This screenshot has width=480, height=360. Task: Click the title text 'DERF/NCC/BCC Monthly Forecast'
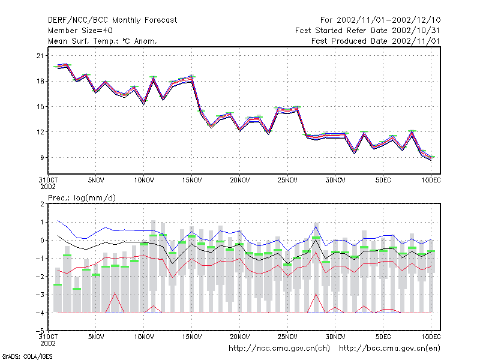click(112, 20)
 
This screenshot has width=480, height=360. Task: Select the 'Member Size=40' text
click(80, 31)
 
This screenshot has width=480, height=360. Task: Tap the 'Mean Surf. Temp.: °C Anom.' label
click(103, 41)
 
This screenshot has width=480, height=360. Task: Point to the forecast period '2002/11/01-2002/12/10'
click(388, 20)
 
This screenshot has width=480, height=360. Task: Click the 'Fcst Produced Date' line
click(376, 41)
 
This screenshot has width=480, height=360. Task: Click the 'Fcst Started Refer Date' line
click(368, 31)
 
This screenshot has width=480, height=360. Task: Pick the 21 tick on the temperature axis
click(40, 56)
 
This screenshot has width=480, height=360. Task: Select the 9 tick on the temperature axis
click(42, 157)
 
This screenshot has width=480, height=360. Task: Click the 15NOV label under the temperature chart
click(192, 180)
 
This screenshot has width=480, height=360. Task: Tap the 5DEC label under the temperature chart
click(383, 180)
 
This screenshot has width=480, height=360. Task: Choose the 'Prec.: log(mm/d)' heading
click(82, 198)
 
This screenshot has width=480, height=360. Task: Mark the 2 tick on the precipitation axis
click(42, 204)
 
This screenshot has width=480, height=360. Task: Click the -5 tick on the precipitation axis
click(40, 331)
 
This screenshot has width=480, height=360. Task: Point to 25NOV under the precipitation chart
click(287, 337)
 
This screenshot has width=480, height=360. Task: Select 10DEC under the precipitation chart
click(431, 337)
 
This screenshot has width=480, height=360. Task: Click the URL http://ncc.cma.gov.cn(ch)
click(279, 349)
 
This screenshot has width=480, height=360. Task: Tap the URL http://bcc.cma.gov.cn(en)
click(389, 349)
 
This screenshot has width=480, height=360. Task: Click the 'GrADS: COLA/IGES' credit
click(27, 356)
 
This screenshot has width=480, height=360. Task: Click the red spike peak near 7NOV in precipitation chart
click(115, 293)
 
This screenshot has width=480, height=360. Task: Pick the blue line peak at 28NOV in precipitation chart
click(316, 226)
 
